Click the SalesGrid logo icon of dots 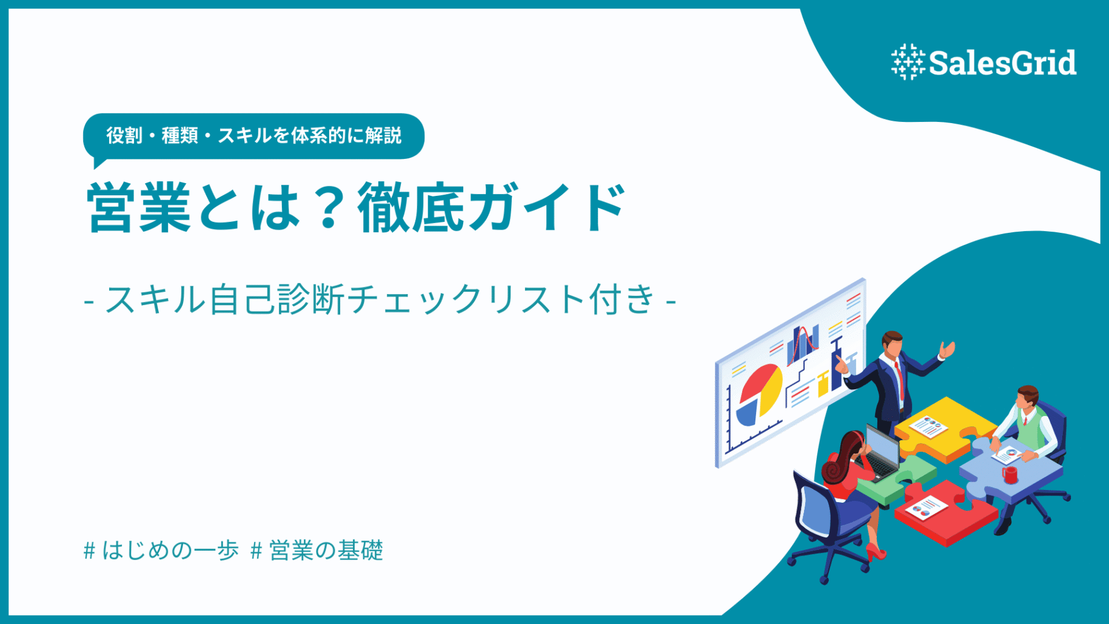tap(908, 62)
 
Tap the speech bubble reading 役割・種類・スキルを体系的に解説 tap(253, 136)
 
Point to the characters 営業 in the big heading tap(139, 208)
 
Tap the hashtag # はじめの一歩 tap(161, 551)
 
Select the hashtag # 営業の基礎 tap(317, 551)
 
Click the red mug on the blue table tap(1010, 474)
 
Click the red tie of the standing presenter tap(900, 378)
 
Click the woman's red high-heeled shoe tap(876, 552)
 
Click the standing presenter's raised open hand tap(947, 350)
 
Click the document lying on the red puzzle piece tap(925, 508)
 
